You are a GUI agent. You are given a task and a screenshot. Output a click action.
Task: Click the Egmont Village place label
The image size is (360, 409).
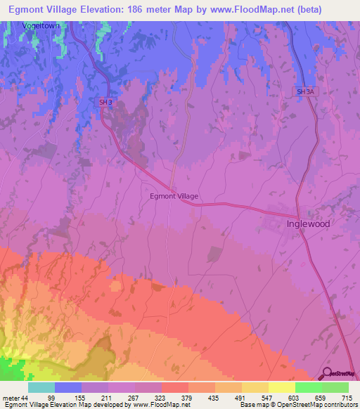click(174, 196)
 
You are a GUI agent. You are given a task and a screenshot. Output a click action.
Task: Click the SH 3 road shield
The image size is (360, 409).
click(105, 102)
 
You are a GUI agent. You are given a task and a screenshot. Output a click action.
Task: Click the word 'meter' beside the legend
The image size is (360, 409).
click(10, 397)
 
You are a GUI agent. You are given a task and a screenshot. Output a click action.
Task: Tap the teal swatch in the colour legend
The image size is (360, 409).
click(41, 387)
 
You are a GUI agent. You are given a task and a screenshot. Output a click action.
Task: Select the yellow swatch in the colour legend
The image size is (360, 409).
click(281, 387)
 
